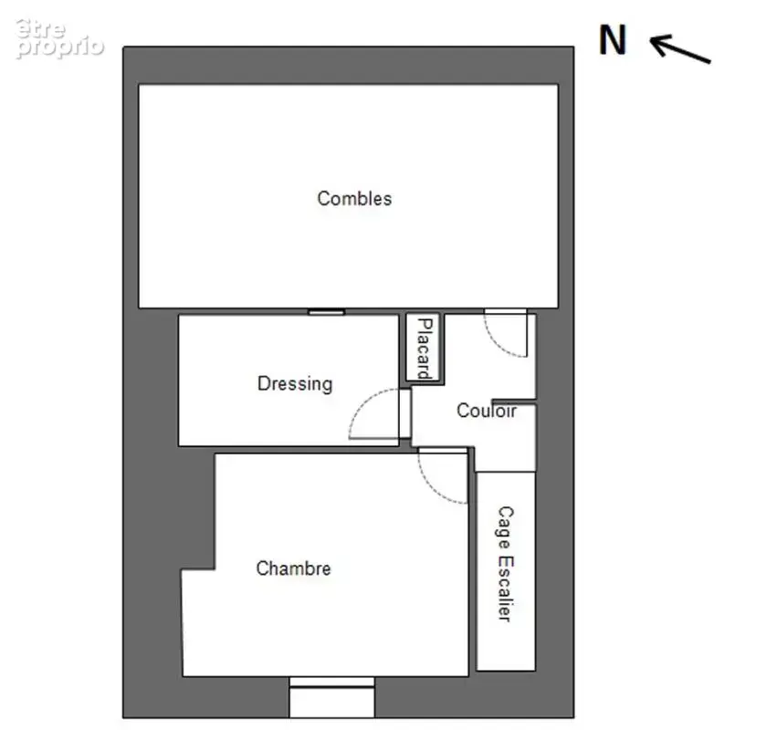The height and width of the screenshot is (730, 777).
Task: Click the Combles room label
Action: tap(354, 199)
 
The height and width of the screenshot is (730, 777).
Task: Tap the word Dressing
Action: tap(295, 384)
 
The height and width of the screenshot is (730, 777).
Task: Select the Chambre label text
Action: tap(293, 568)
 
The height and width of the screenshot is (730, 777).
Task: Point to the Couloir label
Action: tap(486, 411)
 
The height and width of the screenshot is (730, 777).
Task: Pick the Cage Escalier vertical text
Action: tap(506, 564)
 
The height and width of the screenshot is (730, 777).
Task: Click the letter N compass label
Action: tap(613, 40)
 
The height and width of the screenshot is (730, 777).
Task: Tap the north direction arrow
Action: tap(680, 48)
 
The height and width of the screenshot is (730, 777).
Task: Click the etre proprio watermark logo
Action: tap(59, 38)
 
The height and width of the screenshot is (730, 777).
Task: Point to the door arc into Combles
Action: tap(496, 344)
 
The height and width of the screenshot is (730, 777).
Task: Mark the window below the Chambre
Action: tap(331, 697)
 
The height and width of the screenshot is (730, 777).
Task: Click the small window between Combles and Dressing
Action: tap(326, 312)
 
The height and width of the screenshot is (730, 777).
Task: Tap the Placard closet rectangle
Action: tap(423, 348)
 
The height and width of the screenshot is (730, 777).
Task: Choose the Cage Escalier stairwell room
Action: tap(506, 571)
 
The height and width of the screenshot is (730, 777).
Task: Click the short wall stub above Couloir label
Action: tap(514, 401)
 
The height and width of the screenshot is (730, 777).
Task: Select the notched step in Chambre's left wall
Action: tap(198, 569)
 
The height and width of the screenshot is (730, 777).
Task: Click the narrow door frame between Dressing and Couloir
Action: tap(404, 413)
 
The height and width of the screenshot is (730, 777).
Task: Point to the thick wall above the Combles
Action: tap(349, 66)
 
